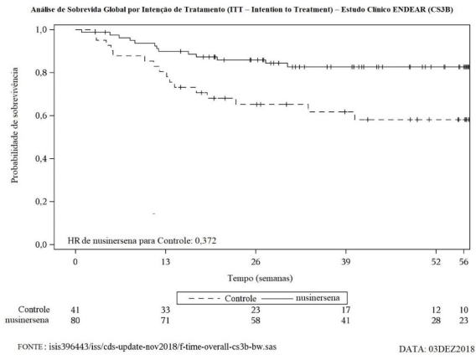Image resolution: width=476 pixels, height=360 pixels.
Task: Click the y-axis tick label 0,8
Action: coord(41,73)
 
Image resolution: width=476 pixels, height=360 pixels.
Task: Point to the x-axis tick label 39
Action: coord(346,261)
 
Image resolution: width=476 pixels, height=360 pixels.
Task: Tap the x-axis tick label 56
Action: coord(463,261)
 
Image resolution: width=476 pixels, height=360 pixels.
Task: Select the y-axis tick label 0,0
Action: coord(41,244)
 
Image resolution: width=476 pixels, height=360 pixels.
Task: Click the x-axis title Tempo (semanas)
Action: coord(260,278)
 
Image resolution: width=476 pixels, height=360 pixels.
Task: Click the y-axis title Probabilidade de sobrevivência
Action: coord(14,126)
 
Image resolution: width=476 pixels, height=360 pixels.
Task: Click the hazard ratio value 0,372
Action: coord(206,241)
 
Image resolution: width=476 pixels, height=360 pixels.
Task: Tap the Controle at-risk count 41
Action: coord(75,310)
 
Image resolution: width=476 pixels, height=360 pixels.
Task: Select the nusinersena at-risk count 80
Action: coord(75,321)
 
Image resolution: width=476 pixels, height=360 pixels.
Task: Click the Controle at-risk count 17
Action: coord(346,310)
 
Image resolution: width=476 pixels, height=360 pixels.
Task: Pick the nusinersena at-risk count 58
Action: coord(256,321)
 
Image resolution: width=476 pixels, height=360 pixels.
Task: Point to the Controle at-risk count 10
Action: coord(463,310)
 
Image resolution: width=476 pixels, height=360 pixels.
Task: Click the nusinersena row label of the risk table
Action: coord(27,320)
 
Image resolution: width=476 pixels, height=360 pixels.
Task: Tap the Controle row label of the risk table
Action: coord(34,310)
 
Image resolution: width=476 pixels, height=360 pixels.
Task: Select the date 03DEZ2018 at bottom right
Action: coord(452,349)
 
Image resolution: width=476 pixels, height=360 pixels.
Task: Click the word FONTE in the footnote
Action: coord(29,347)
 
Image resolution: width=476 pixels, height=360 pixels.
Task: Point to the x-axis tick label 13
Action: coord(165,261)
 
